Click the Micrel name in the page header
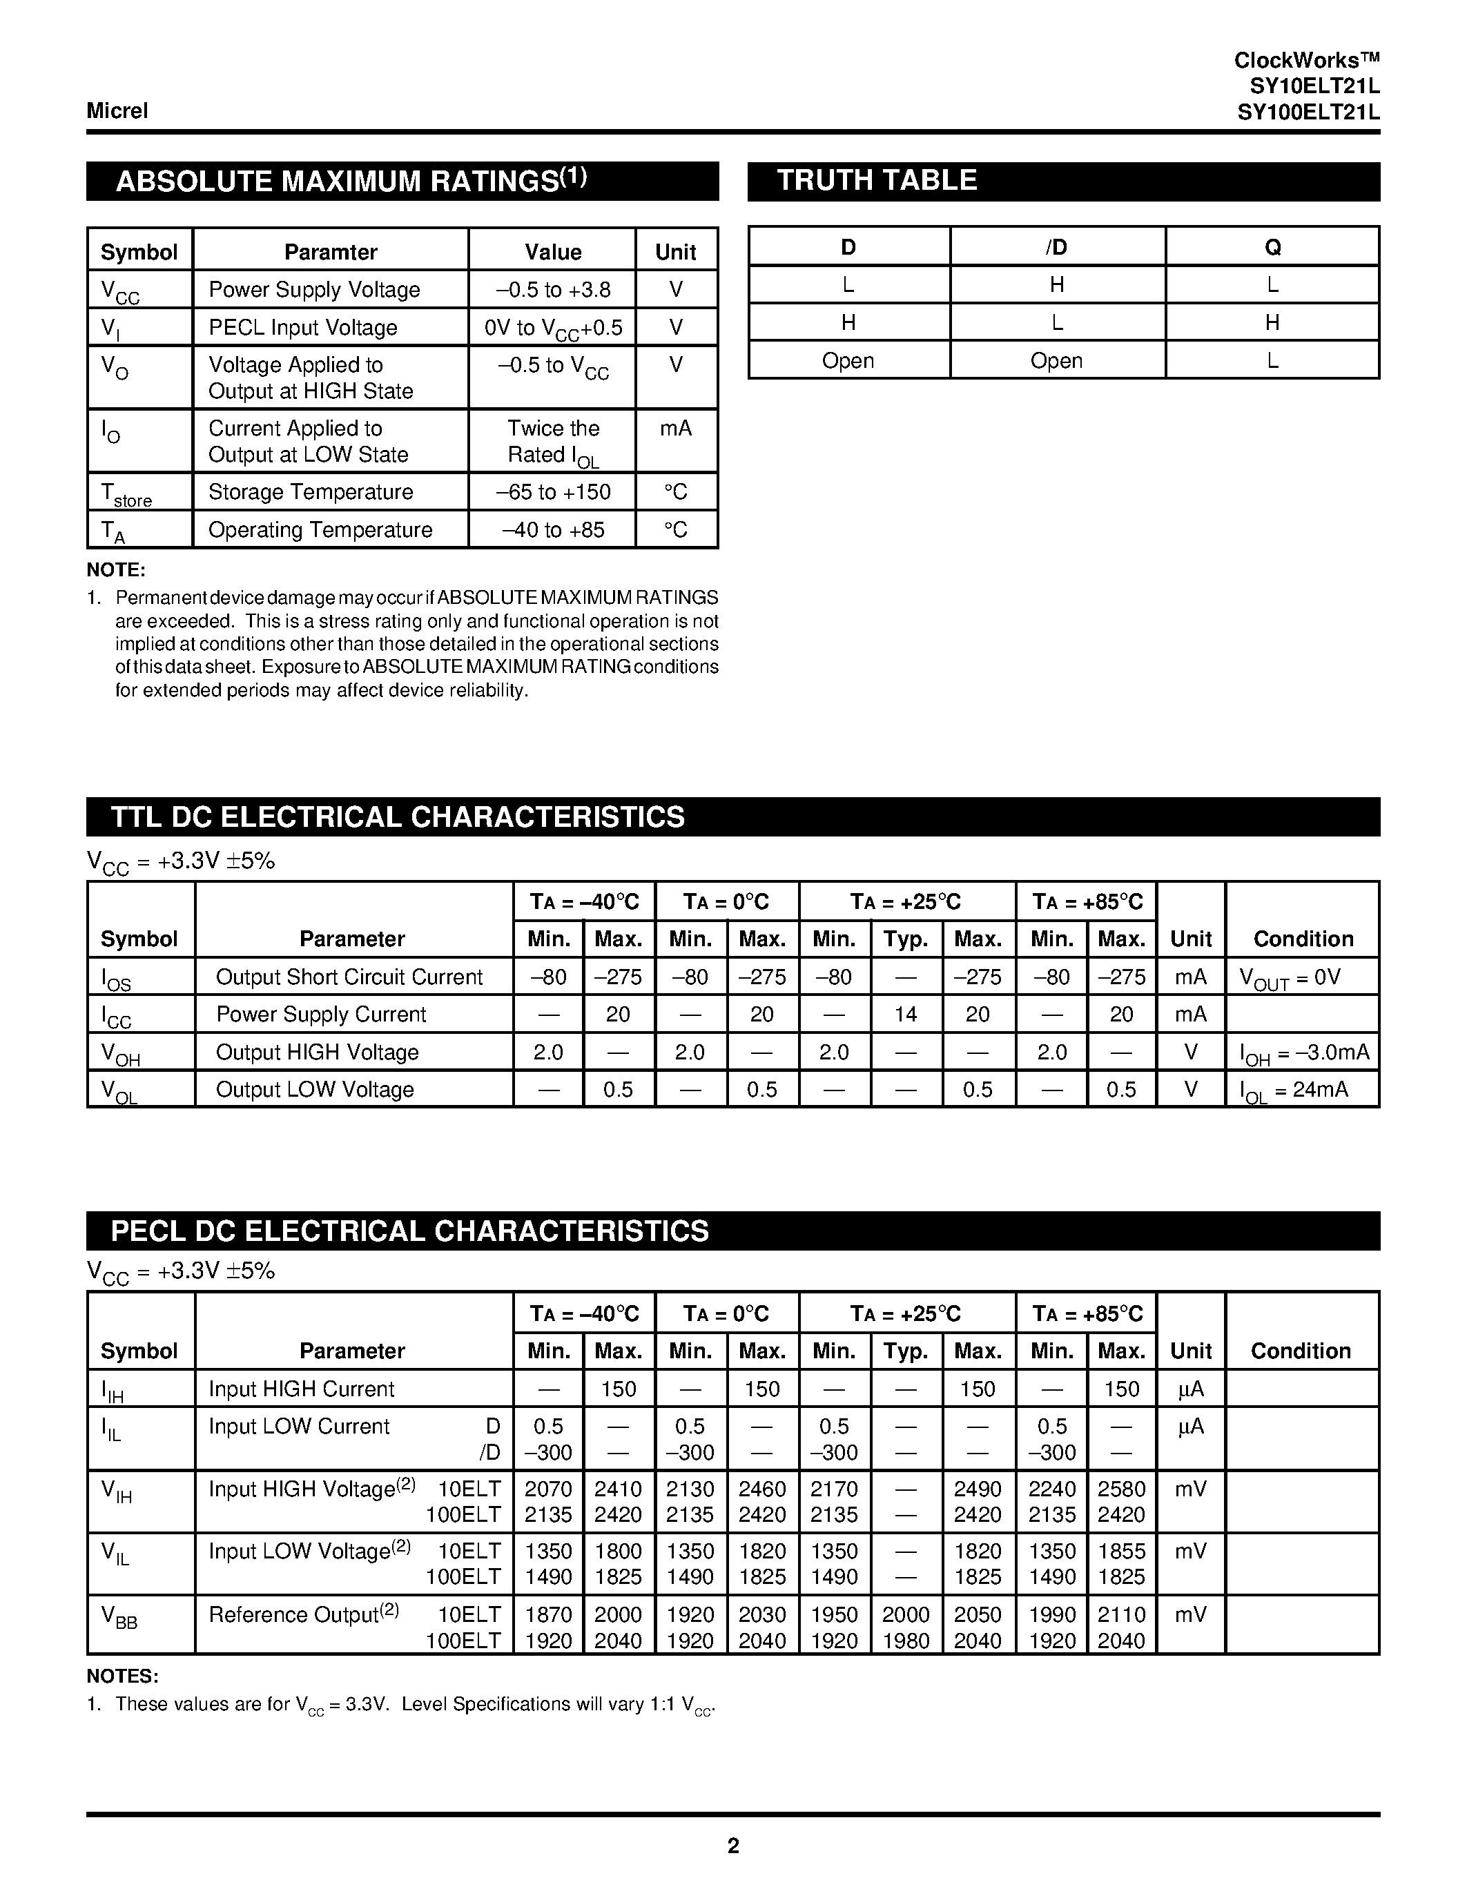point(117,110)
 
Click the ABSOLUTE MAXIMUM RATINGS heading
point(351,181)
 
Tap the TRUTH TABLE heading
point(876,180)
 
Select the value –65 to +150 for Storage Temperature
point(553,492)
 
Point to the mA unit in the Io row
point(675,429)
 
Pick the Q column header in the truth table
point(1272,248)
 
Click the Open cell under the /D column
point(1056,361)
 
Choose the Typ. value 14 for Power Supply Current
point(906,1014)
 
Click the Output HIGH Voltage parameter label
point(317,1053)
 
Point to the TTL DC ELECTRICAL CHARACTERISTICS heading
point(398,817)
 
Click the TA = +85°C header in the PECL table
point(1087,1313)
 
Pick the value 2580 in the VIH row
point(1121,1489)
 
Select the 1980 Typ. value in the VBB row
point(906,1641)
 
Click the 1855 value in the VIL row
point(1121,1552)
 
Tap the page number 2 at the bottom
point(732,1846)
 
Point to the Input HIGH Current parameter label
point(301,1389)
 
